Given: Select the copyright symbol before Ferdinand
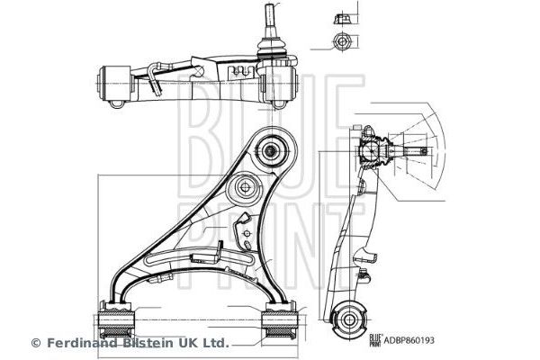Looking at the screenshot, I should [37, 343].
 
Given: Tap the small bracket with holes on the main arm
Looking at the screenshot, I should [244, 236].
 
